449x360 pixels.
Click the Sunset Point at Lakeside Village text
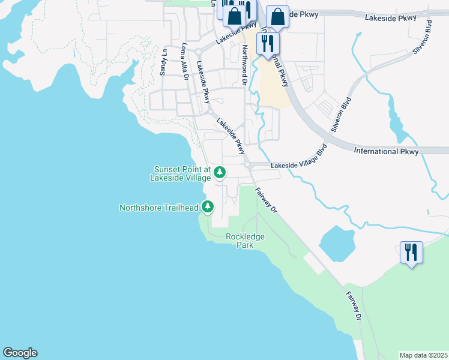point(182,173)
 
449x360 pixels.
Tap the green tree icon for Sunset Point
point(220,173)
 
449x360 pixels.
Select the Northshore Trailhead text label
point(158,208)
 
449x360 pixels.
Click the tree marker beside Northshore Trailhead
point(208,207)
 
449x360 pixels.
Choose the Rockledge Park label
point(245,241)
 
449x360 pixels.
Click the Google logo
point(20,353)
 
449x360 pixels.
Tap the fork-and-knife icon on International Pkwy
point(268,43)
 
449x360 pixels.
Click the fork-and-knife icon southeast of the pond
point(411,251)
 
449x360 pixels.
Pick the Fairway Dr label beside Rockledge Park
point(266,201)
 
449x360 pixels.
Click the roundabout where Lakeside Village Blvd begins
point(247,164)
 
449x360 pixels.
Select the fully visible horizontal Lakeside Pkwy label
point(391,18)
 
